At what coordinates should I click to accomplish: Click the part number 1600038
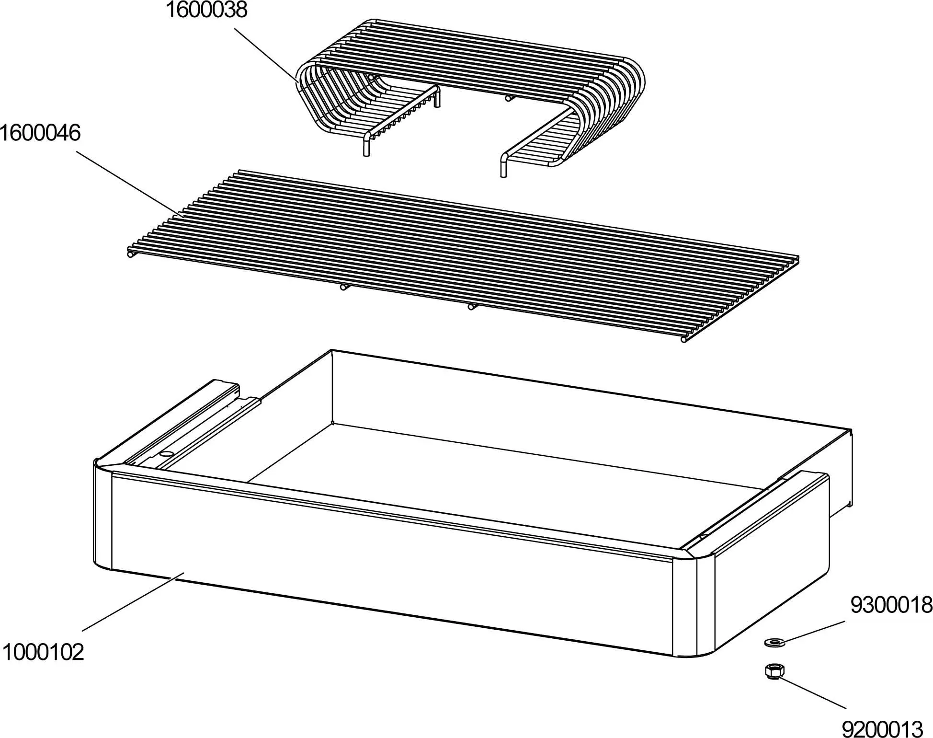click(x=206, y=10)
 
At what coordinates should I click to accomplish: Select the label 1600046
click(x=40, y=133)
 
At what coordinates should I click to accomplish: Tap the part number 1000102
click(x=43, y=652)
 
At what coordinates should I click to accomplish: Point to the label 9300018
click(x=891, y=605)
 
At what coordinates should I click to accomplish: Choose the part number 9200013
click(x=882, y=729)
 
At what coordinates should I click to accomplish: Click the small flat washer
click(x=773, y=641)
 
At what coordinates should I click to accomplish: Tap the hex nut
click(x=774, y=670)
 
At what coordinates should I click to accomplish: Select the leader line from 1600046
click(x=129, y=184)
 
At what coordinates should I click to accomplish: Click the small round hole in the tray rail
click(x=166, y=453)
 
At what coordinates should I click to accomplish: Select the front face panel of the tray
click(x=383, y=551)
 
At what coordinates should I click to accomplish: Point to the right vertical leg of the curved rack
click(x=503, y=166)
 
